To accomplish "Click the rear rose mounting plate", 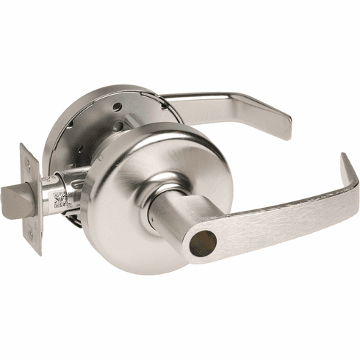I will pos(88,125).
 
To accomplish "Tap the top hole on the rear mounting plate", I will pos(118,107).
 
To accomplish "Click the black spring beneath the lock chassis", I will pos(73,217).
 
